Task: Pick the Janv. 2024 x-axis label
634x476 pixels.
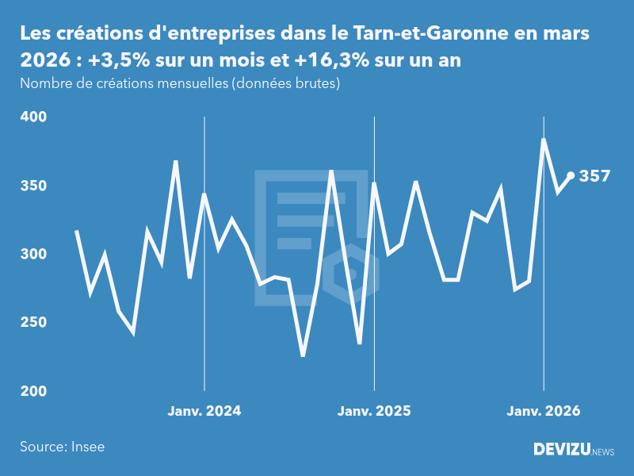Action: (x=204, y=411)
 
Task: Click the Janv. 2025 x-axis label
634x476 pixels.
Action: (x=374, y=411)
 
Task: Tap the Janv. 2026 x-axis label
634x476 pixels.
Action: (x=544, y=411)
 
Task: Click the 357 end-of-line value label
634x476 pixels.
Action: (x=594, y=176)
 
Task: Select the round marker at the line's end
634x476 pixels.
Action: (x=571, y=176)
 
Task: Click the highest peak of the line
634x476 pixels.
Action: (x=543, y=140)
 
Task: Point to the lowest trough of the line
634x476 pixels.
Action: (x=303, y=355)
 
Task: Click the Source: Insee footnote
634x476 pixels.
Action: (x=63, y=447)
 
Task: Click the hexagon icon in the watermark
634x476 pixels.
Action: (x=355, y=274)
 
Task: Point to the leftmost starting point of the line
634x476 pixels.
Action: (x=76, y=231)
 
